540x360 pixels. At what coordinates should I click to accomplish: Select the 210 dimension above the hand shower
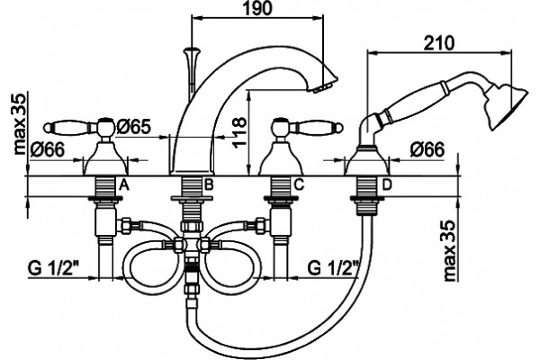click(439, 43)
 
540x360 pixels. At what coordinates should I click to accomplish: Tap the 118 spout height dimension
click(240, 132)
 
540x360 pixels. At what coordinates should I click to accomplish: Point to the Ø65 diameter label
click(133, 127)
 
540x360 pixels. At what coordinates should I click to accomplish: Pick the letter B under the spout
click(209, 185)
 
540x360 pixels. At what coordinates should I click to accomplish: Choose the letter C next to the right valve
click(299, 185)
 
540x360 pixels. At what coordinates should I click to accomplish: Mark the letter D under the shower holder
click(387, 185)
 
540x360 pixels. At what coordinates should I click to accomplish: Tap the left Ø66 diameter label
click(47, 150)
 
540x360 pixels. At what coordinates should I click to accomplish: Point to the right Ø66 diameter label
click(427, 150)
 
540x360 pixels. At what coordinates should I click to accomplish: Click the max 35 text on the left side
click(20, 124)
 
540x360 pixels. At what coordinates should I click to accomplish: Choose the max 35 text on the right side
click(450, 251)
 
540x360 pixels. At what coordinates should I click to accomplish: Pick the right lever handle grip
click(319, 128)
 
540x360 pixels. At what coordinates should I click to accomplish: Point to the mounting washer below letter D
click(366, 198)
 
